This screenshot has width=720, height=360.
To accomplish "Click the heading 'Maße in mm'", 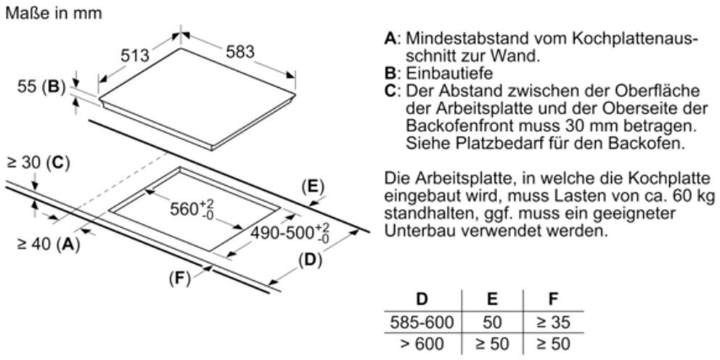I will pos(53,13).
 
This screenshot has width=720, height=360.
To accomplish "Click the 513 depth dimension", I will pos(134,54).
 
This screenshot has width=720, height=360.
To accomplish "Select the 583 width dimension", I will pos(240,52).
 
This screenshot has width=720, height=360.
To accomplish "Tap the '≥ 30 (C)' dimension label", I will pos(37,163).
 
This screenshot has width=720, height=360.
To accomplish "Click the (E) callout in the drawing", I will pos(312,187).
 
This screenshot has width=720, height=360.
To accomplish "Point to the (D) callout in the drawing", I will pos(311,260).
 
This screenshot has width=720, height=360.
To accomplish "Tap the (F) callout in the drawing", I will pos(179,278).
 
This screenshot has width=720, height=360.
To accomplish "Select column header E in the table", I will pos(492,298).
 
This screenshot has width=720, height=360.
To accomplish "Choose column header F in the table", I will pos(553,298).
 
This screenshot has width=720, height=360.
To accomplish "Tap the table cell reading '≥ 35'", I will pos(552,322).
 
